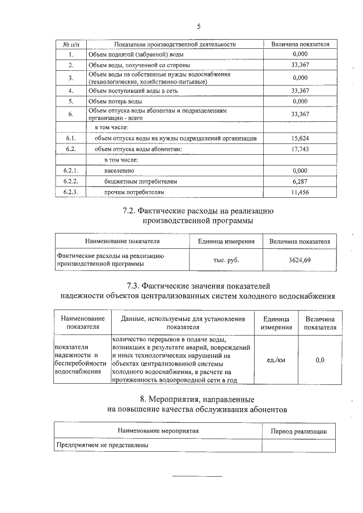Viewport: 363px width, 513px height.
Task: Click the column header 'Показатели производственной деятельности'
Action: pos(175,44)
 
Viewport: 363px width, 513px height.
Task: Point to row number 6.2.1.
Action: pos(71,171)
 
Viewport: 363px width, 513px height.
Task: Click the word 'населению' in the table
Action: pos(119,171)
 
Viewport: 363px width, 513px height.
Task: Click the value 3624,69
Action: pos(299,260)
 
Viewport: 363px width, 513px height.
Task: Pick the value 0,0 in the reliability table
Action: pos(320,359)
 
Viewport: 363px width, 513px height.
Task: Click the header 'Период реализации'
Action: pos(299,431)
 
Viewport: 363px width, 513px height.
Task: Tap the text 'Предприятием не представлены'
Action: pos(102,446)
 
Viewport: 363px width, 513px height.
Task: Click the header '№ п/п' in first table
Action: pos(71,44)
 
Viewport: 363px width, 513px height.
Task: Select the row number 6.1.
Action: pos(71,138)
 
